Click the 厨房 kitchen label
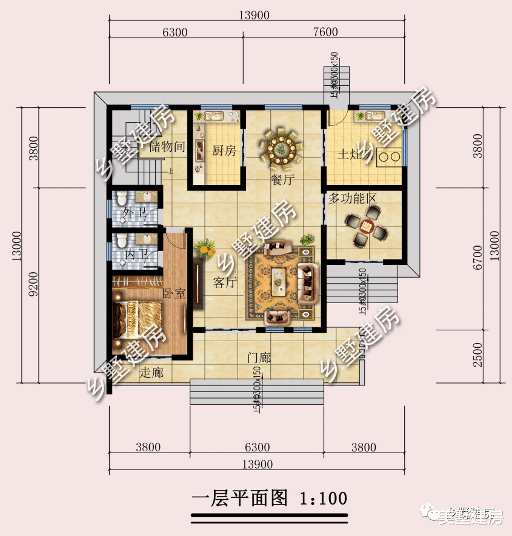coord(224,151)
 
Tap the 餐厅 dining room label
coord(282,180)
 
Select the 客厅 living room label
coord(225,282)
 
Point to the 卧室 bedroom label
coord(174,293)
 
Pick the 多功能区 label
coord(353,199)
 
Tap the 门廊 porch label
coord(259,358)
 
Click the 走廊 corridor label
coord(151,373)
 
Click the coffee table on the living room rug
coord(279,280)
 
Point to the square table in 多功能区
coord(366,226)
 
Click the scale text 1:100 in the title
coord(324,498)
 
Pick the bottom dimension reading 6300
coord(257,448)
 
